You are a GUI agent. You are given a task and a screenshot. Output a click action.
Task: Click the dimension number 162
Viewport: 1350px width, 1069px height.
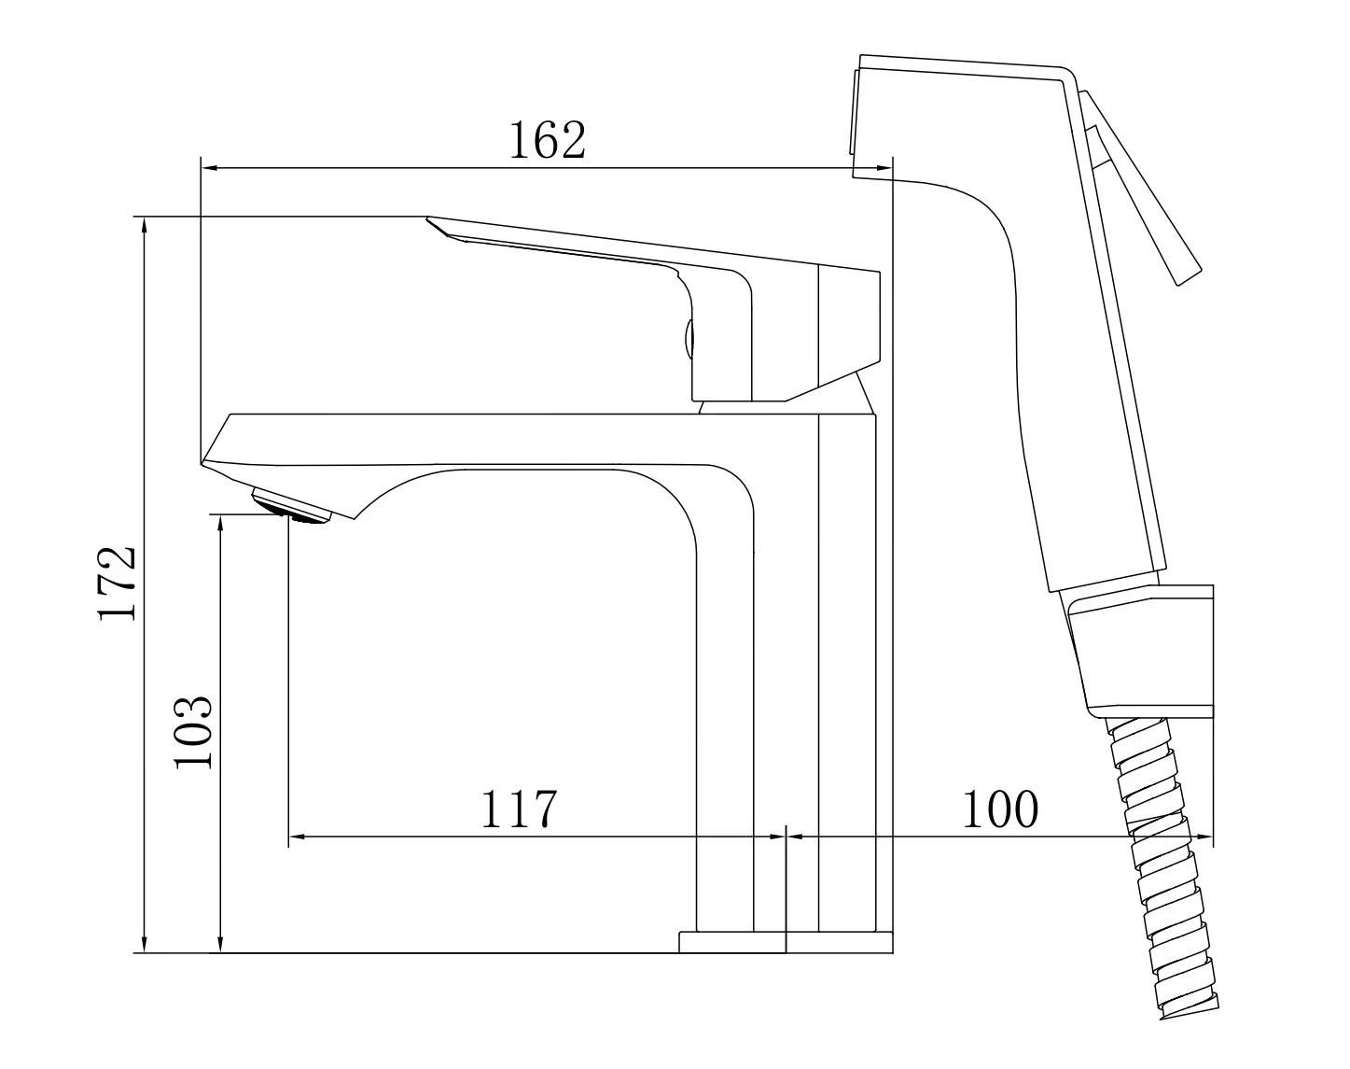(547, 139)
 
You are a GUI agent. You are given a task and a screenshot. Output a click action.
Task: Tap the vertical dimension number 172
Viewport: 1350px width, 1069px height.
(117, 584)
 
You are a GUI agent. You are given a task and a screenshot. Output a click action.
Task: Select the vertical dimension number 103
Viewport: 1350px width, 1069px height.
(193, 732)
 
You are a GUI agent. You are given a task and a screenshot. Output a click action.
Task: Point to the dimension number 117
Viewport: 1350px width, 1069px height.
(519, 809)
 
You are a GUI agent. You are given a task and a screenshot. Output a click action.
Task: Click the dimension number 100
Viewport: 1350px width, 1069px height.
(1000, 809)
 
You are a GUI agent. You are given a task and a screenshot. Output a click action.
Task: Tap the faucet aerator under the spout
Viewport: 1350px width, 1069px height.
(291, 506)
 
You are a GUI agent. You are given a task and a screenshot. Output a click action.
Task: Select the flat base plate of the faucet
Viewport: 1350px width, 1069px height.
(786, 959)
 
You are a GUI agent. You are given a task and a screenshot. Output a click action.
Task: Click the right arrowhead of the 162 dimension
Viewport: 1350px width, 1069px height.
(884, 168)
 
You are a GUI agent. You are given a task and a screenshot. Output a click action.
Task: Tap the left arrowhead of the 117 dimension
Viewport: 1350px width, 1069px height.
(297, 837)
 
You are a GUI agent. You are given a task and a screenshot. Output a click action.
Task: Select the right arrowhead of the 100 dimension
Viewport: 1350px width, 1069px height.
(1205, 837)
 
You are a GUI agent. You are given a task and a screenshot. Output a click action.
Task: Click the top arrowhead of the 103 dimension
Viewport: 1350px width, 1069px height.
(220, 524)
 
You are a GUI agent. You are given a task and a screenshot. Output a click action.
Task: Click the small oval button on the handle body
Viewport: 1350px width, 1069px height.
(689, 339)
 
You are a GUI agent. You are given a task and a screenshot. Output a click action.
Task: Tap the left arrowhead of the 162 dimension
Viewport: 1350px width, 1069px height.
(209, 168)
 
